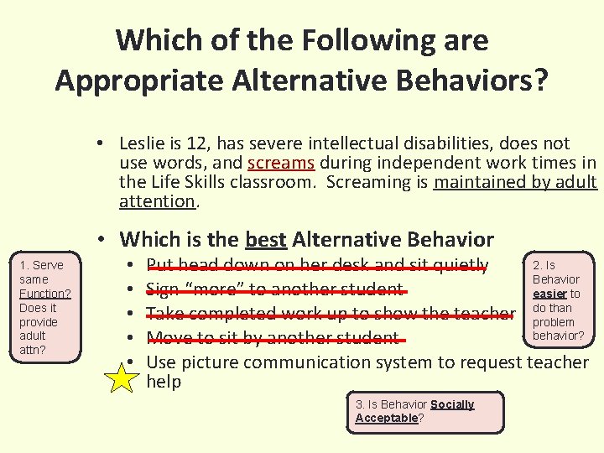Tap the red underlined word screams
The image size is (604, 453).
click(281, 163)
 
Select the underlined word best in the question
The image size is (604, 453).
click(266, 240)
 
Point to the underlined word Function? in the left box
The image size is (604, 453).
click(44, 294)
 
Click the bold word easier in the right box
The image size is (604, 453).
click(549, 294)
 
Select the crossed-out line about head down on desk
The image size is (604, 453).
click(317, 265)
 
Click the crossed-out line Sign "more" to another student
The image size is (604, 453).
click(275, 290)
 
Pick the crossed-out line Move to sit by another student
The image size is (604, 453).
click(273, 338)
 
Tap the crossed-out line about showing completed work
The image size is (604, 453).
click(331, 314)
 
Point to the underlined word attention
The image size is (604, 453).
click(157, 201)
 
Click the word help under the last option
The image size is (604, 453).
click(164, 382)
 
